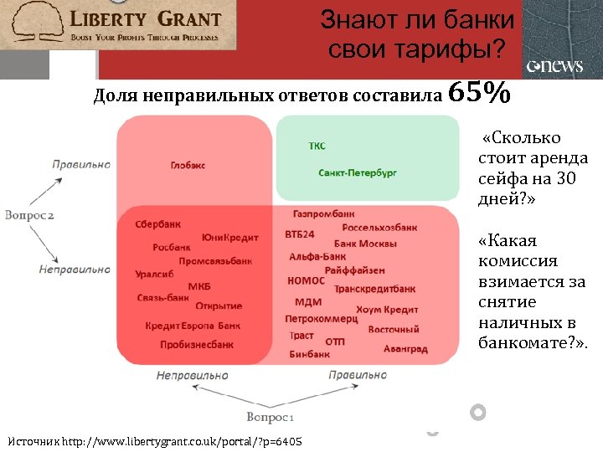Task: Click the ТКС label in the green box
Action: (317, 146)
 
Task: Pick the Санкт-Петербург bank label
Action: (358, 172)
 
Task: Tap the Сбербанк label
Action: (158, 224)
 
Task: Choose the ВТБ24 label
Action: (300, 234)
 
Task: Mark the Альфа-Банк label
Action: (317, 256)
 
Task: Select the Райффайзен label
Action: (355, 270)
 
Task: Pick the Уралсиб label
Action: (154, 274)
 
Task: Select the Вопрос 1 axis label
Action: (270, 416)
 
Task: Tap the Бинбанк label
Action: (309, 354)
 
